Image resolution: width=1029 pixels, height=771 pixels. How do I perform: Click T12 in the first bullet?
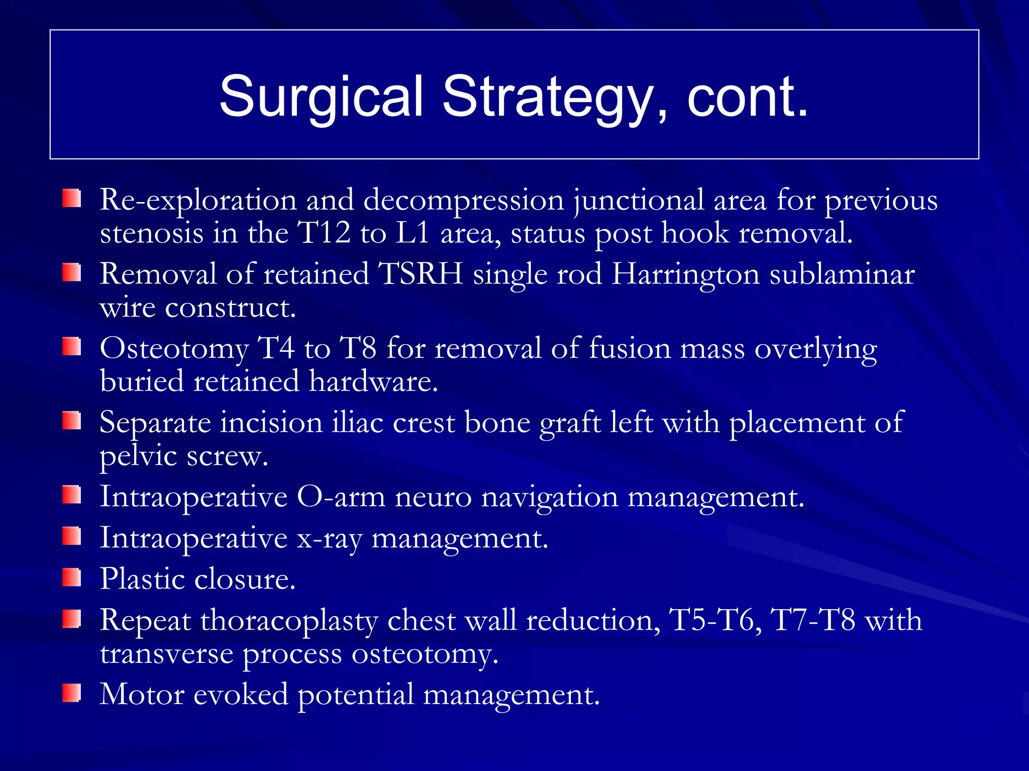pos(324,233)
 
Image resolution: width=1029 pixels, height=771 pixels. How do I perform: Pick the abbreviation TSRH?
pos(421,274)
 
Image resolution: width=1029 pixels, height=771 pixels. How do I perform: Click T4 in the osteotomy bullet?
pos(276,348)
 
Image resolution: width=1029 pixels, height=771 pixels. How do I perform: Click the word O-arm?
pos(341,497)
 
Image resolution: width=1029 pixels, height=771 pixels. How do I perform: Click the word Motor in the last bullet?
pos(142,694)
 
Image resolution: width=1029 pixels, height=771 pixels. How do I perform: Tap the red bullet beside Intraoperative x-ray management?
pos(71,536)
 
